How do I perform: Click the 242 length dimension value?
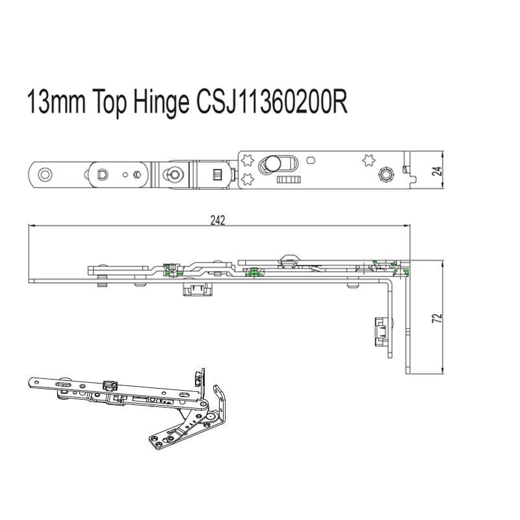pyautogui.click(x=218, y=220)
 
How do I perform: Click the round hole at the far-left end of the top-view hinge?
pyautogui.click(x=45, y=174)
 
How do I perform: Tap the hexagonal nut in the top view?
pyautogui.click(x=385, y=174)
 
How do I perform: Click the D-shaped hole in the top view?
pyautogui.click(x=102, y=174)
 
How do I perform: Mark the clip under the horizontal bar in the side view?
pyautogui.click(x=196, y=288)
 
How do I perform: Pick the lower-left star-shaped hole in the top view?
pyautogui.click(x=246, y=178)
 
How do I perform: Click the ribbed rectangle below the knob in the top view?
pyautogui.click(x=287, y=178)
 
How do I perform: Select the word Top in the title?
pyautogui.click(x=109, y=103)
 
